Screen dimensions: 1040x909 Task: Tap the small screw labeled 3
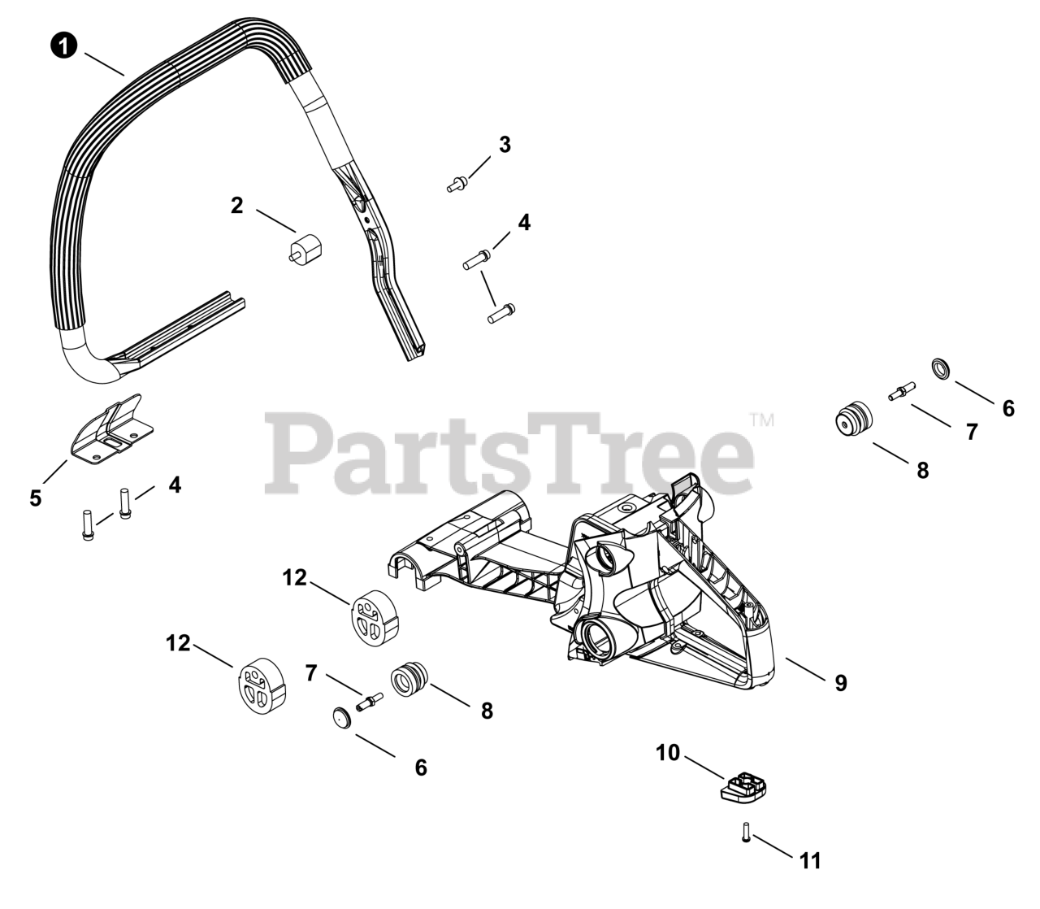coord(456,185)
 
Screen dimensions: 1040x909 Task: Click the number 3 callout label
coord(505,146)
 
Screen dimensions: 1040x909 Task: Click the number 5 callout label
coord(35,498)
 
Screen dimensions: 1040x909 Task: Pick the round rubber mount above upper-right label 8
coord(854,419)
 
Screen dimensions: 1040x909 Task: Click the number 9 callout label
coord(841,684)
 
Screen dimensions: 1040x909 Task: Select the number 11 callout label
coord(810,860)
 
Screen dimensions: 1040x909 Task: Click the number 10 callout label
coord(668,754)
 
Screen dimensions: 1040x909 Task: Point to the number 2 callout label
coord(236,206)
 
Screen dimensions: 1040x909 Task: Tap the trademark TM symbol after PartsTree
coord(761,420)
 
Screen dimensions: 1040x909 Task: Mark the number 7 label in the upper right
coord(972,433)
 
